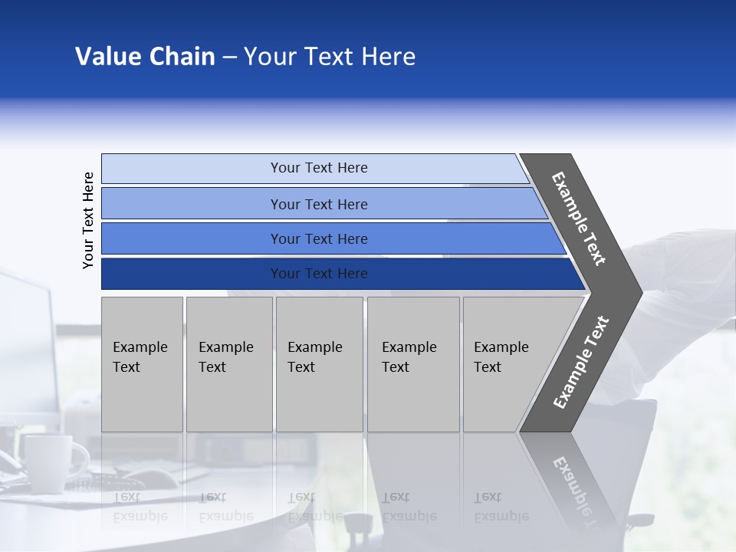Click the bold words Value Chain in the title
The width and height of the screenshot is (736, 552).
145,57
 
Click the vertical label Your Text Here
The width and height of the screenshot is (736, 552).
88,220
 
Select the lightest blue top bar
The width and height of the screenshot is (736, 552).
319,168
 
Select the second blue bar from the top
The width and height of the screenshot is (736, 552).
319,204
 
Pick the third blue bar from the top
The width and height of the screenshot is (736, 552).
319,238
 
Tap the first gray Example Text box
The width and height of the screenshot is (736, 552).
142,364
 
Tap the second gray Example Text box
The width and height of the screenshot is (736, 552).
228,364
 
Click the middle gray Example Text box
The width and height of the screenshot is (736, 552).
319,364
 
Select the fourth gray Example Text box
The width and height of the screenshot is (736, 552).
413,364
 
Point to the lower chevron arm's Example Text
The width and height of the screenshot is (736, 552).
581,362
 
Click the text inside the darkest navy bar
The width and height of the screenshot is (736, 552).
319,274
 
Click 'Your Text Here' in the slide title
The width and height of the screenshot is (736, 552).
330,57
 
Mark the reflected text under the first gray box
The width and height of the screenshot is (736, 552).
140,506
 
